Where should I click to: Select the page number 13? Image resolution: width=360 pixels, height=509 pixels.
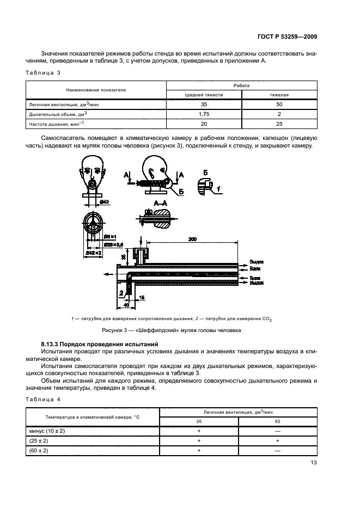314,463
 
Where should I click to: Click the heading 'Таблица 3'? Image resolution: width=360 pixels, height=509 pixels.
43,72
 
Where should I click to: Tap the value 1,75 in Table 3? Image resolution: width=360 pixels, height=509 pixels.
204,114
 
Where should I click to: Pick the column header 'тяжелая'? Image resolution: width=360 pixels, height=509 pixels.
279,94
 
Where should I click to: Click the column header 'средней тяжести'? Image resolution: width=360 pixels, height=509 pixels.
204,94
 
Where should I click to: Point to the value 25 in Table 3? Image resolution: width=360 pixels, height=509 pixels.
279,124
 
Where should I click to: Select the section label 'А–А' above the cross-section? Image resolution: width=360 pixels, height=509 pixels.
161,203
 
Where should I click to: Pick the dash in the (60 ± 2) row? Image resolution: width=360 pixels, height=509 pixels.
278,451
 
